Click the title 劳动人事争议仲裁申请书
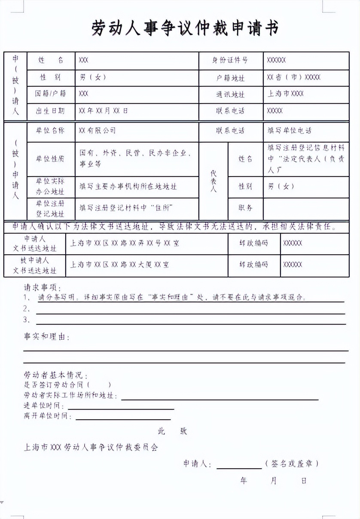(185, 28)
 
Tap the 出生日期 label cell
(50, 111)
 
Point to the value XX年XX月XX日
(103, 111)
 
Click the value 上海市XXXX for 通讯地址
(286, 94)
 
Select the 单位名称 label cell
(50, 131)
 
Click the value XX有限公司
(98, 131)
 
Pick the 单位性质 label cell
(50, 159)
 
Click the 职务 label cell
(245, 208)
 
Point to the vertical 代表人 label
(214, 181)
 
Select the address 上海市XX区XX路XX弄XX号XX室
(125, 243)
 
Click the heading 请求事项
(42, 287)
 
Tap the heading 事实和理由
(46, 337)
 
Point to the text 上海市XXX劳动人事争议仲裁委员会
(91, 447)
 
